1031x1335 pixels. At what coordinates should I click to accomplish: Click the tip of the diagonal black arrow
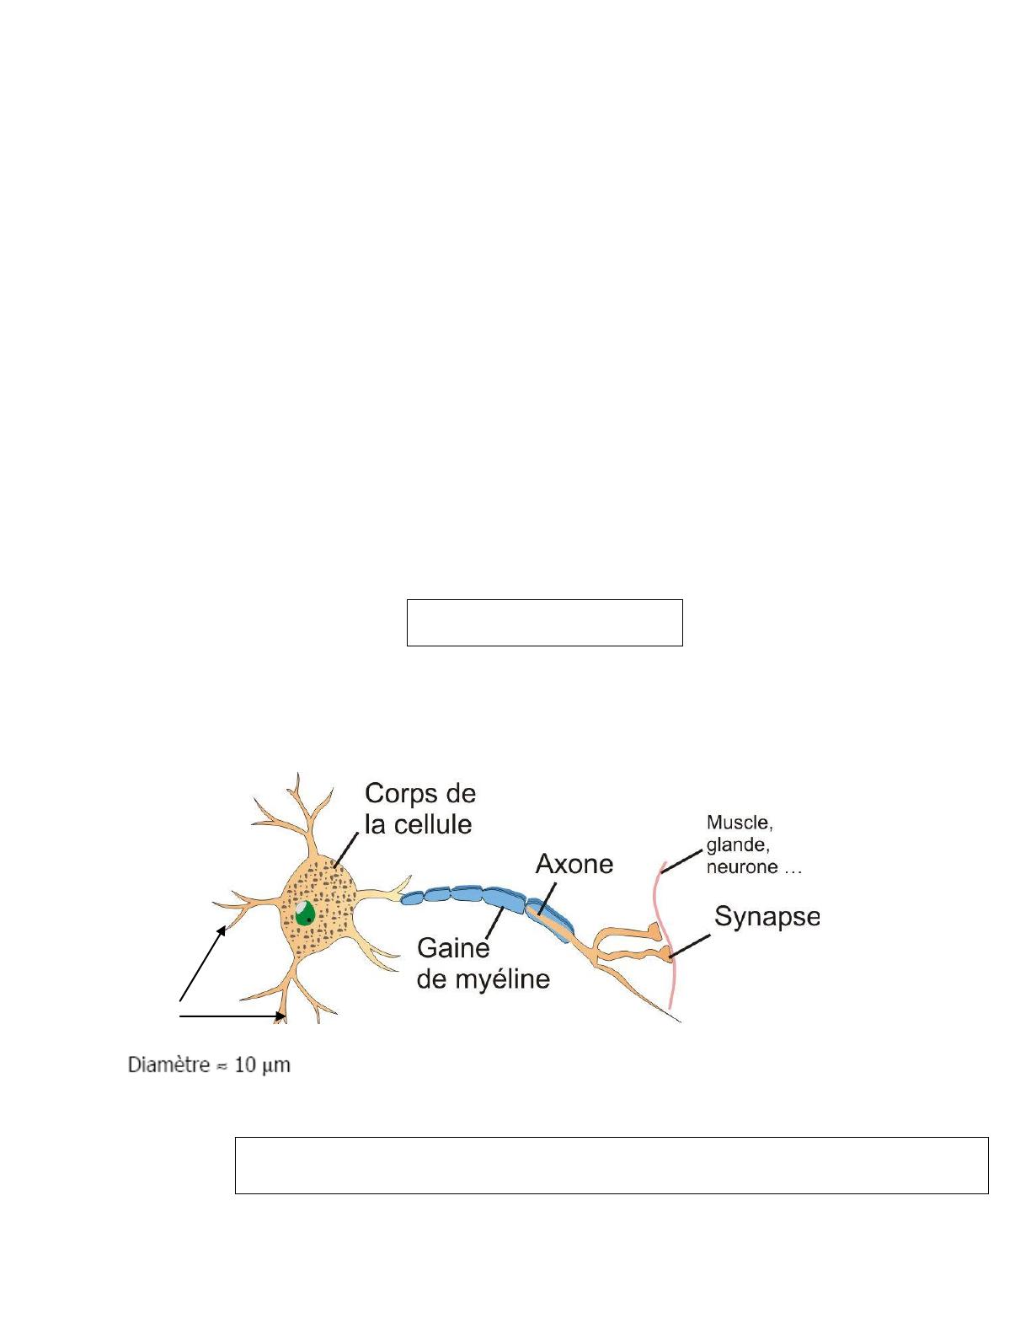point(226,926)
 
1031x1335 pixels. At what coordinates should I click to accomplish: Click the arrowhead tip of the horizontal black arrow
point(286,1016)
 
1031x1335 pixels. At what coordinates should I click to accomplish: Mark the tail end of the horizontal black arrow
point(180,1016)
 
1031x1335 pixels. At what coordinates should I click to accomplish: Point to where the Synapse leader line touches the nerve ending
point(670,957)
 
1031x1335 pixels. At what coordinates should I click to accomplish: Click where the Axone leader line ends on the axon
point(540,914)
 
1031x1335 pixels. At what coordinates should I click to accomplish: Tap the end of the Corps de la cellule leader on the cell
point(334,866)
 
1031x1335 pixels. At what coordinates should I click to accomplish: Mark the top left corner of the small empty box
point(407,599)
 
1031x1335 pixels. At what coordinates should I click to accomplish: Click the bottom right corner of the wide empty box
point(988,1193)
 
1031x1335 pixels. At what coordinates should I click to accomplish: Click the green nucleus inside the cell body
point(305,913)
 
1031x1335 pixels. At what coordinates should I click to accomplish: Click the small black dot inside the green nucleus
point(308,919)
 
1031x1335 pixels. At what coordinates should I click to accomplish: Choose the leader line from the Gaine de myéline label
point(495,924)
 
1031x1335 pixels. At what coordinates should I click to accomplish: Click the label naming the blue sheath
point(483,963)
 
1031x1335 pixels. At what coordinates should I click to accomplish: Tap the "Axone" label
point(574,865)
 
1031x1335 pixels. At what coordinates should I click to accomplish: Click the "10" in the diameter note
point(244,1064)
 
